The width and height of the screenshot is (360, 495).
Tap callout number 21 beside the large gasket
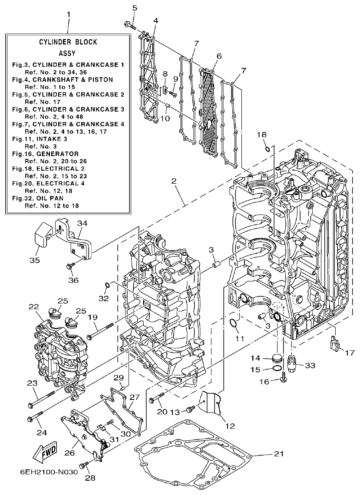[x=279, y=454]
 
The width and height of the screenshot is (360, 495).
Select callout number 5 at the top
[x=134, y=8]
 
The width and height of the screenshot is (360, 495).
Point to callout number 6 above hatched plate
[x=219, y=56]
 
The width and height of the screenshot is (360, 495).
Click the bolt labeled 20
[x=158, y=396]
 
